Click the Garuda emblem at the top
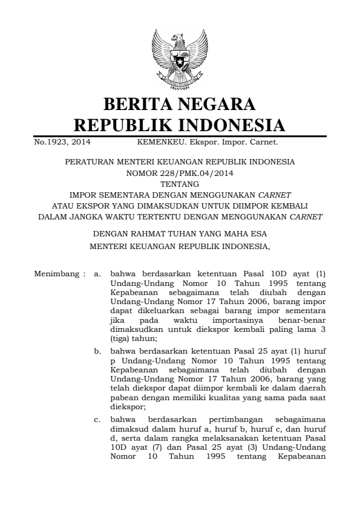coord(180,59)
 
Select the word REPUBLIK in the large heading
coord(119,126)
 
